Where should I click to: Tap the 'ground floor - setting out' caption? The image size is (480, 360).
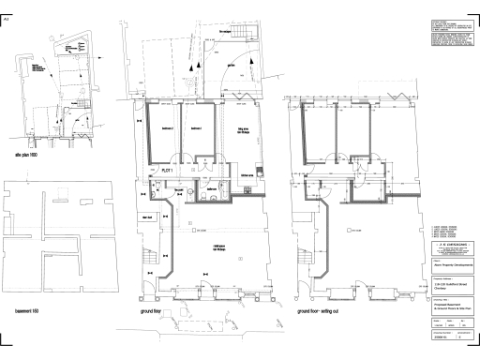tap(325, 309)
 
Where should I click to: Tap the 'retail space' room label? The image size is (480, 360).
tap(221, 248)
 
